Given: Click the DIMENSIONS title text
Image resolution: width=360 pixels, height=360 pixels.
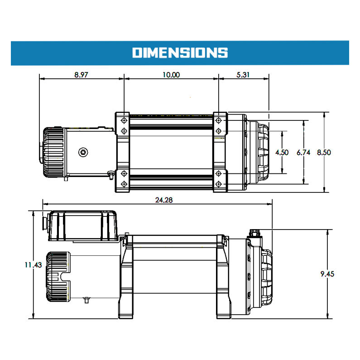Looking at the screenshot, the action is (x=180, y=53).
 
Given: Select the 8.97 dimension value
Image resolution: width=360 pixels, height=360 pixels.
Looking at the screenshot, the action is (x=81, y=75).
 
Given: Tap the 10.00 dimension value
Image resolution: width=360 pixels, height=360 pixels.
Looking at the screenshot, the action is (x=171, y=75).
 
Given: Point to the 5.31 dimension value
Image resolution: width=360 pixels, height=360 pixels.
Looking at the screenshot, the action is (x=243, y=75).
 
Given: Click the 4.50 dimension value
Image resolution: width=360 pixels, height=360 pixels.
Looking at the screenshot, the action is (x=282, y=153).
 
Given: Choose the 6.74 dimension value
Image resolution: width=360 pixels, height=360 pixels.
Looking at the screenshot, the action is (x=303, y=153).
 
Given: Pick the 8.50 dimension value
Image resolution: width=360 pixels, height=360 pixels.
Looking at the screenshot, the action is (x=324, y=153).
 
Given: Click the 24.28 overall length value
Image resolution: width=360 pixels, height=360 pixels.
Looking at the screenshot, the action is (x=164, y=200).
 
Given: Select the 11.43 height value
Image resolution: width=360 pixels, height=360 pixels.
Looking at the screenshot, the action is (x=34, y=265).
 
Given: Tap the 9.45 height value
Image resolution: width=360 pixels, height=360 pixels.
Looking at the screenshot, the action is (x=327, y=274).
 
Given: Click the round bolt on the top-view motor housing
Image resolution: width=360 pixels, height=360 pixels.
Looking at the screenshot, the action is (x=83, y=152).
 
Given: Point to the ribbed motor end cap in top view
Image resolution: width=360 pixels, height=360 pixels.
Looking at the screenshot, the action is (x=53, y=152).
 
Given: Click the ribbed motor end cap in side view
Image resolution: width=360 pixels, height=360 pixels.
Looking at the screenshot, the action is (x=58, y=277).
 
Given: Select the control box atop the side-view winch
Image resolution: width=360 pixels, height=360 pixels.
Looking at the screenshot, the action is (x=83, y=226).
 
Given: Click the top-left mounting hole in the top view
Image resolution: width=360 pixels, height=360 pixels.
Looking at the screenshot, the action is (x=124, y=120).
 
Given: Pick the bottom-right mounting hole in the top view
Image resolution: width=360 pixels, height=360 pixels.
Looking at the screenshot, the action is (x=219, y=184).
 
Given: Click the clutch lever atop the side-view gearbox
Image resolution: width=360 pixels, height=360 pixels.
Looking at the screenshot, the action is (x=255, y=233).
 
